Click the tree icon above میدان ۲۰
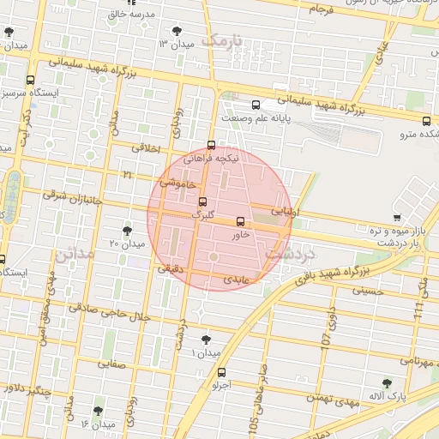pos(128,230)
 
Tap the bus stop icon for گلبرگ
pos(202,202)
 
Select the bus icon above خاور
pos(239,221)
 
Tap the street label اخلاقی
pos(147,148)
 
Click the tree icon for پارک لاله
pos(387,383)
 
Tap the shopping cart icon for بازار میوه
pos(396,217)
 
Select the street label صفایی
pos(111,363)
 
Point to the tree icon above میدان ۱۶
pos(98,411)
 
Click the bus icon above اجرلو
pos(223,372)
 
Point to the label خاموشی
pos(177,183)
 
